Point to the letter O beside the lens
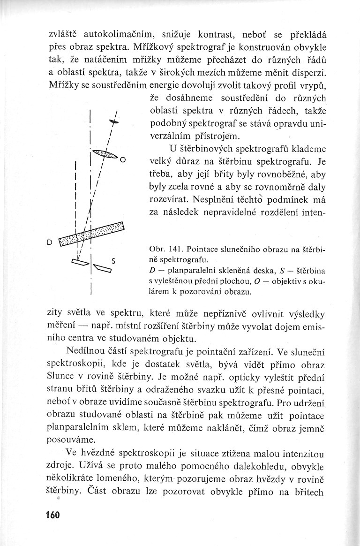click(122, 160)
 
